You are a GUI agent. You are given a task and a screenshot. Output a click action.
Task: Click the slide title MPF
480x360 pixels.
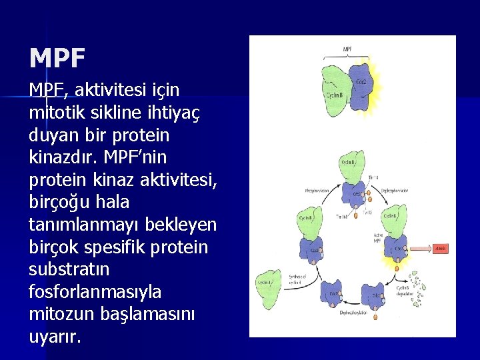(57, 59)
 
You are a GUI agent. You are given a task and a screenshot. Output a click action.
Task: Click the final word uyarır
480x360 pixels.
(55, 337)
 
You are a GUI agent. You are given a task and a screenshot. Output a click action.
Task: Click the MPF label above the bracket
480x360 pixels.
(348, 49)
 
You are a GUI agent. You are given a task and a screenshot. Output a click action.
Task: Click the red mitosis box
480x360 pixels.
(441, 249)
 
